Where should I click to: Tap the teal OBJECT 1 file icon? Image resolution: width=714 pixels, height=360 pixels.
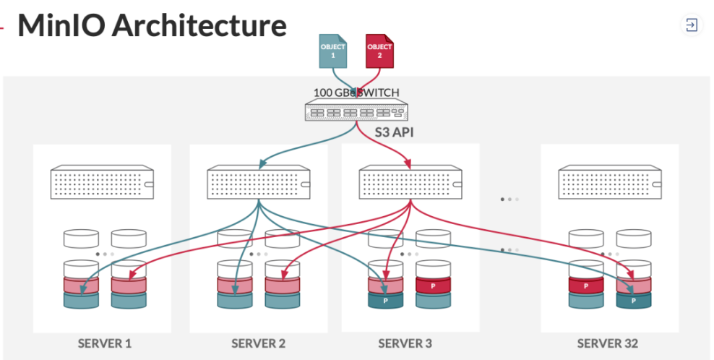pyautogui.click(x=333, y=51)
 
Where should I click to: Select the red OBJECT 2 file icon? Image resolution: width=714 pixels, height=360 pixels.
pyautogui.click(x=379, y=51)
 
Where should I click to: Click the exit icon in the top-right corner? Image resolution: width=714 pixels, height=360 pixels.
pyautogui.click(x=692, y=25)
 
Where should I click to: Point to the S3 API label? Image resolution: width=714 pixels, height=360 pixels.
pyautogui.click(x=394, y=133)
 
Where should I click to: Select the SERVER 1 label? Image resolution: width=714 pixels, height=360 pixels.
pyautogui.click(x=105, y=343)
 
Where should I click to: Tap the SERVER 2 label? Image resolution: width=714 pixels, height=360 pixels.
pyautogui.click(x=259, y=343)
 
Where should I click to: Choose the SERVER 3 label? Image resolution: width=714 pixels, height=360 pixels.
pyautogui.click(x=405, y=343)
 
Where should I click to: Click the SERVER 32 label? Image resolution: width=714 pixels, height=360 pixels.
pyautogui.click(x=608, y=343)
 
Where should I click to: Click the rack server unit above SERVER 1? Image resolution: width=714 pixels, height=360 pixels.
pyautogui.click(x=102, y=184)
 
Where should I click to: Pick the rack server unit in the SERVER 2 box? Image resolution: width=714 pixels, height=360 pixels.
pyautogui.click(x=259, y=184)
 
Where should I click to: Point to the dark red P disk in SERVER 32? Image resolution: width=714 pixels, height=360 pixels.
pyautogui.click(x=586, y=286)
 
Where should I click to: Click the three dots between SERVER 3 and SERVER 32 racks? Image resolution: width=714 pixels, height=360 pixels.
pyautogui.click(x=509, y=199)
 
